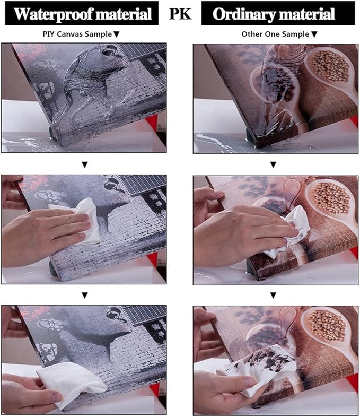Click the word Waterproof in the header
[52, 14]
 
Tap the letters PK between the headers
[180, 14]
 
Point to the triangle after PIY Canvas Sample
[116, 34]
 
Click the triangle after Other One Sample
[314, 34]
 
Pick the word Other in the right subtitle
[251, 34]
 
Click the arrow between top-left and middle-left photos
[85, 165]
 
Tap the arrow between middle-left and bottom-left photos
[85, 296]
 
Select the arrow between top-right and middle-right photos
[273, 165]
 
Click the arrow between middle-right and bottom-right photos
[273, 296]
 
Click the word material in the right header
[306, 14]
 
